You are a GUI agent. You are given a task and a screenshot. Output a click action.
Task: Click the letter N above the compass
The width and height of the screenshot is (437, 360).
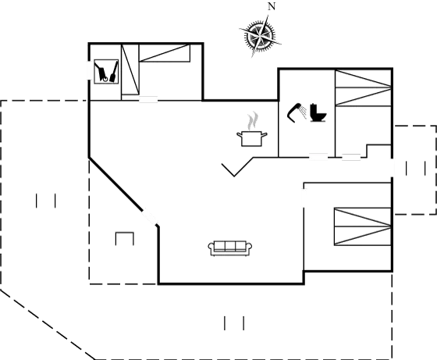[272, 6]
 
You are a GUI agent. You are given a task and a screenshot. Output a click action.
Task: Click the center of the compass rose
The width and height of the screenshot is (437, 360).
[260, 36]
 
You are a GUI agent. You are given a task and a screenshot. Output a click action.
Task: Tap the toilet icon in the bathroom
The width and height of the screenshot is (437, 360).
[318, 112]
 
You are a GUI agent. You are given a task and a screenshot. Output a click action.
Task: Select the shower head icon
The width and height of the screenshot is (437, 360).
[297, 112]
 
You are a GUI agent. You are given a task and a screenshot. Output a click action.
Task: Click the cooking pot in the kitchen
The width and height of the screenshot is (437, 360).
[251, 138]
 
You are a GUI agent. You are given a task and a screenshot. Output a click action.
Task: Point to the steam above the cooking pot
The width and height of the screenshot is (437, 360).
[252, 121]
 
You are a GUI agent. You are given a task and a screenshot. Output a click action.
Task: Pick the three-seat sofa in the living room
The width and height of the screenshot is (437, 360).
[230, 248]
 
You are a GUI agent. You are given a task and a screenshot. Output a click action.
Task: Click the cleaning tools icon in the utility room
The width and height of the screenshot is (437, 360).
[106, 71]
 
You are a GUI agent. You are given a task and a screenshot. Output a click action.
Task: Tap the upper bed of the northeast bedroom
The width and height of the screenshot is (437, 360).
[363, 79]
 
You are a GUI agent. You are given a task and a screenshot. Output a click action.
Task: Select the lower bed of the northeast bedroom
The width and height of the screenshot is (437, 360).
[363, 97]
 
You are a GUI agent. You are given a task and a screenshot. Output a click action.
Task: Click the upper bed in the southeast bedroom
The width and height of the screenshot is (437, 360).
[363, 217]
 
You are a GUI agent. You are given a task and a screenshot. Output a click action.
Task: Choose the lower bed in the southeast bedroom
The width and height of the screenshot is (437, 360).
[363, 236]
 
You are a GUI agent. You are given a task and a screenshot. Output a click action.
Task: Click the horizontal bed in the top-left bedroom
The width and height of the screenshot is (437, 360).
[165, 52]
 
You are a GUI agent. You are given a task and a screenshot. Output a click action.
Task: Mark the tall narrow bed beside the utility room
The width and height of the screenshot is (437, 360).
[130, 70]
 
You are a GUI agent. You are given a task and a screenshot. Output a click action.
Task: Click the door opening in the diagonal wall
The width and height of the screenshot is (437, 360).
[150, 216]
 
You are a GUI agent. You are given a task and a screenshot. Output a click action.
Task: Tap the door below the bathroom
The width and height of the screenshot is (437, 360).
[318, 157]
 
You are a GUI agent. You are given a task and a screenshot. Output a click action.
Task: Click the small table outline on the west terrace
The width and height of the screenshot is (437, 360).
[125, 238]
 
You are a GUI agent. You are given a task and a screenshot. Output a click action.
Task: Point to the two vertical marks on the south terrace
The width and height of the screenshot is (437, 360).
[234, 323]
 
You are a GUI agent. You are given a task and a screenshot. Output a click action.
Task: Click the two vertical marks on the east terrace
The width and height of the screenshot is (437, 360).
[415, 169]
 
